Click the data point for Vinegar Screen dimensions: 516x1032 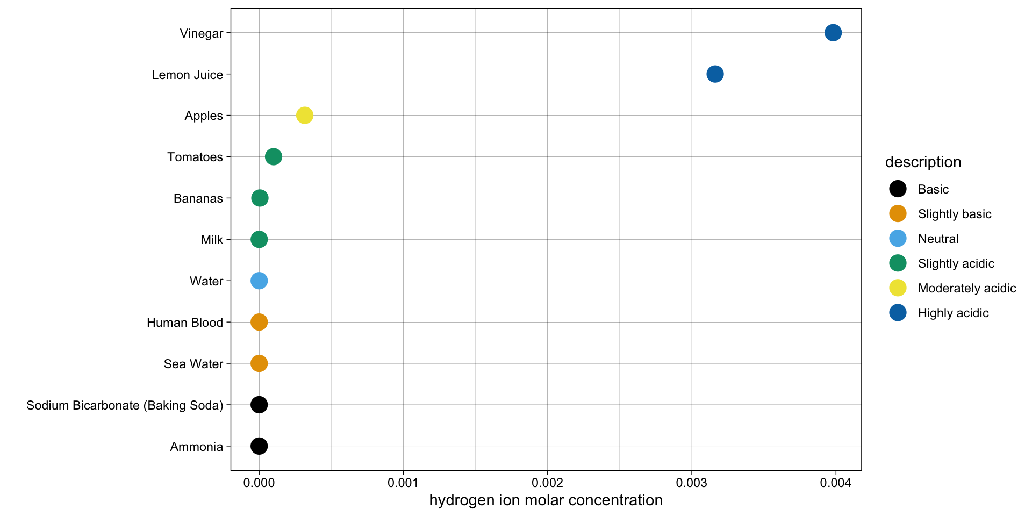[833, 33]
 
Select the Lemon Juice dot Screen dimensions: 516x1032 [715, 74]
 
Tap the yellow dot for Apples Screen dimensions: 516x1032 [305, 115]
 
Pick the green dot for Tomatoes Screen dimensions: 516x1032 [274, 156]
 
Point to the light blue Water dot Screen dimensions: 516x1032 [259, 281]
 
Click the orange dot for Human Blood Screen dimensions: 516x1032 [259, 322]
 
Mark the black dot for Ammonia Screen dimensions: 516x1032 [259, 446]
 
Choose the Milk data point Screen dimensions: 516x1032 [259, 239]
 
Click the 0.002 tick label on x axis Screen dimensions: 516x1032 [547, 483]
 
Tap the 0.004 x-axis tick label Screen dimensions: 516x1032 [836, 483]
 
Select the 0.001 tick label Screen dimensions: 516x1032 [403, 483]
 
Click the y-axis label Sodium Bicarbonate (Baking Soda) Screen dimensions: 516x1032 [125, 405]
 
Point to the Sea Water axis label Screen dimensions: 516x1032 [193, 364]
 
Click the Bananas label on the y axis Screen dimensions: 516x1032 [198, 198]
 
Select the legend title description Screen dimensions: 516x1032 [923, 162]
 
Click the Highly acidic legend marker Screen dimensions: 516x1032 [898, 313]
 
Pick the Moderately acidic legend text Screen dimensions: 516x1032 [966, 288]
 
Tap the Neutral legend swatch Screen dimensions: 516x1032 [898, 239]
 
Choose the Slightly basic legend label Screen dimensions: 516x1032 [954, 214]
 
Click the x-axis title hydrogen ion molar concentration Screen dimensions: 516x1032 [546, 500]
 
